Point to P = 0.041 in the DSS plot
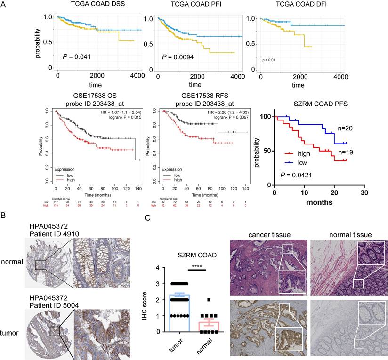[x=77, y=57]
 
